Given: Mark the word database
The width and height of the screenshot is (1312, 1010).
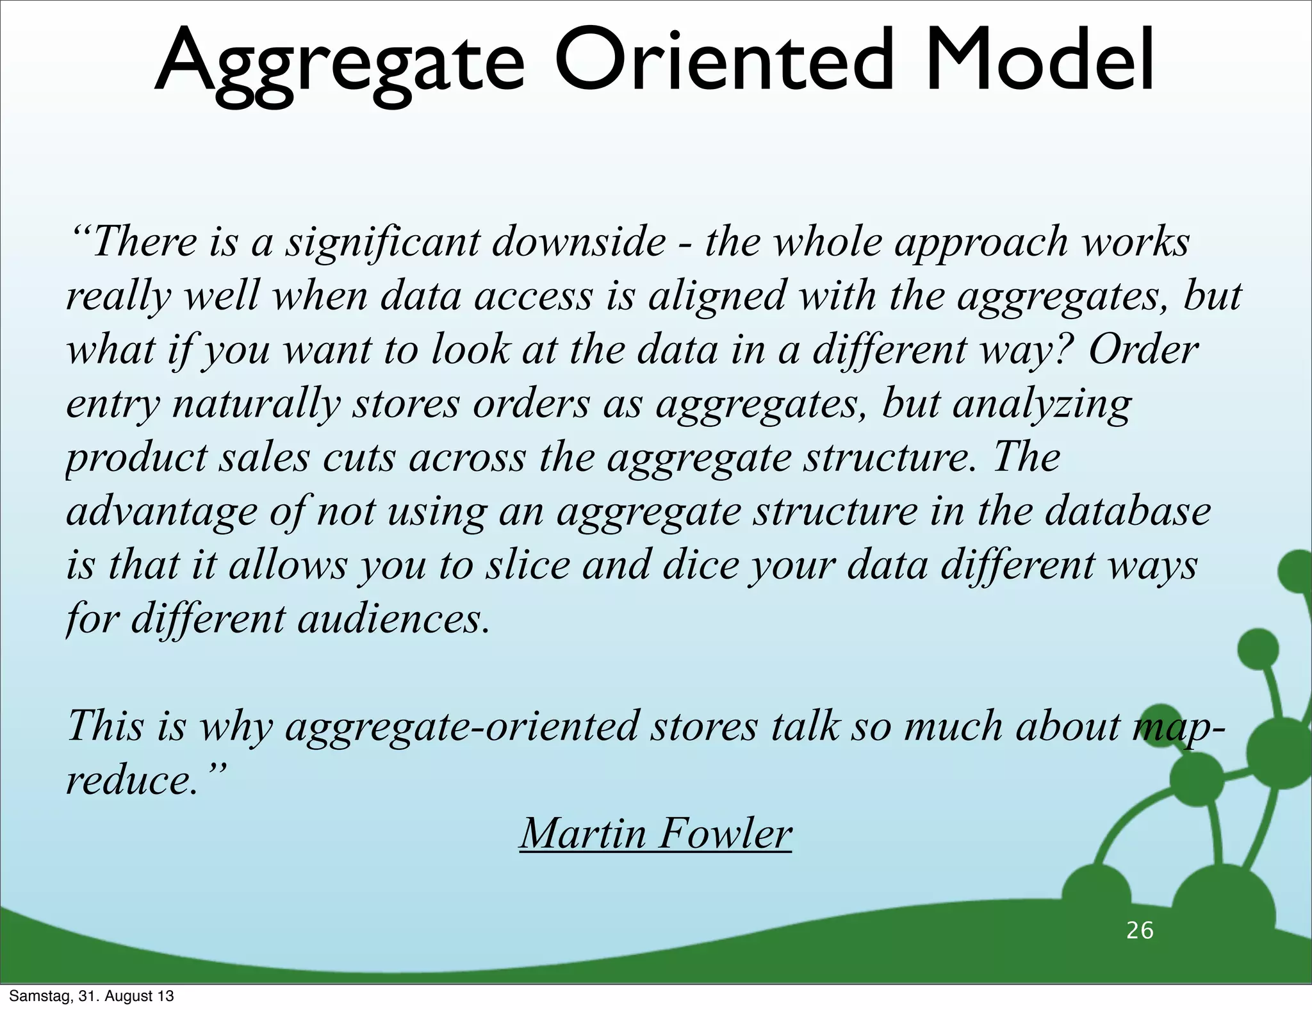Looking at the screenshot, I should click(x=1128, y=512).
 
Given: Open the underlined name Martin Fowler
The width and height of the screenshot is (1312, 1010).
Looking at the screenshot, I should click(x=655, y=834).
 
